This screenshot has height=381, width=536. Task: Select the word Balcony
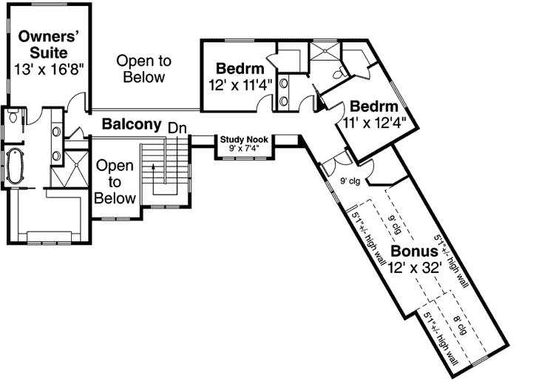click(132, 124)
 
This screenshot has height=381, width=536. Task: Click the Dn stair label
click(177, 127)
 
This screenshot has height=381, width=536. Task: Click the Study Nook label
click(243, 138)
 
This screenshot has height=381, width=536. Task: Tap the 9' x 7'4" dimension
click(243, 148)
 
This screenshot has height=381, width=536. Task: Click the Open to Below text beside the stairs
click(115, 182)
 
